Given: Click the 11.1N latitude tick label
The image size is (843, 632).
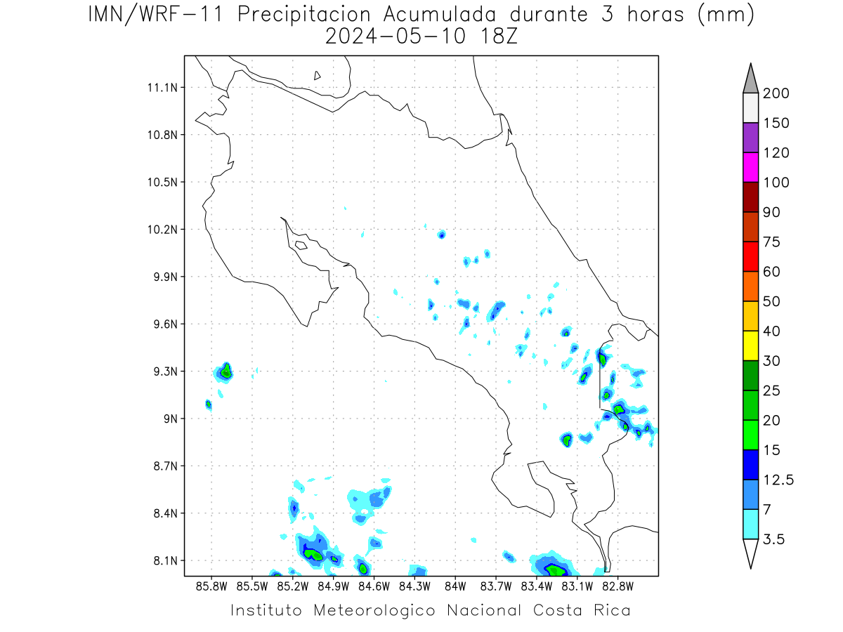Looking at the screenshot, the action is [162, 88].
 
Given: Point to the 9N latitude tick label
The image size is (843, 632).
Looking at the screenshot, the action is [170, 419].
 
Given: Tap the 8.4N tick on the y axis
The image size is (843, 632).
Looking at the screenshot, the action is [166, 513].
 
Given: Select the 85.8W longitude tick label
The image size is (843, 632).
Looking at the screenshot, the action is [211, 587].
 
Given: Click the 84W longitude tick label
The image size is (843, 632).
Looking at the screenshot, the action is [455, 587].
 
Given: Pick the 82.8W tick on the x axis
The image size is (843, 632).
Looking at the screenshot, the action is [617, 587].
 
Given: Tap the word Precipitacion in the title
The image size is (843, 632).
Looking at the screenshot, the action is [303, 15].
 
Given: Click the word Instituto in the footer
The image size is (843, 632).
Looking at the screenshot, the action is [266, 610].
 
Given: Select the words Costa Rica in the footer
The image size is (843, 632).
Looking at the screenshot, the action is [582, 610].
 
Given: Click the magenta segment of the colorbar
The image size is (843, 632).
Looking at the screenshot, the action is [750, 167].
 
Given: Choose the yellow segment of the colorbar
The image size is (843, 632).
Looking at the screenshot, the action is [750, 345].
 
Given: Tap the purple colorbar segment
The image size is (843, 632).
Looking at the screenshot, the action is [750, 138].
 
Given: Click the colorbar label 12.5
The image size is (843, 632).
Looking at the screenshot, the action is [778, 480].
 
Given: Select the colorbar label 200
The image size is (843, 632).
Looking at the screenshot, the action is [776, 93].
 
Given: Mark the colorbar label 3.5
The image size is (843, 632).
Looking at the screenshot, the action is [773, 539].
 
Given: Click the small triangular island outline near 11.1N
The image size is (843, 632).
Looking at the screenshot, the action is [316, 76].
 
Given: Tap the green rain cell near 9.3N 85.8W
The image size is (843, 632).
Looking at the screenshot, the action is [226, 371].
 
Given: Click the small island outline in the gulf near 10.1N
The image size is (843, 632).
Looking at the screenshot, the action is [301, 245].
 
